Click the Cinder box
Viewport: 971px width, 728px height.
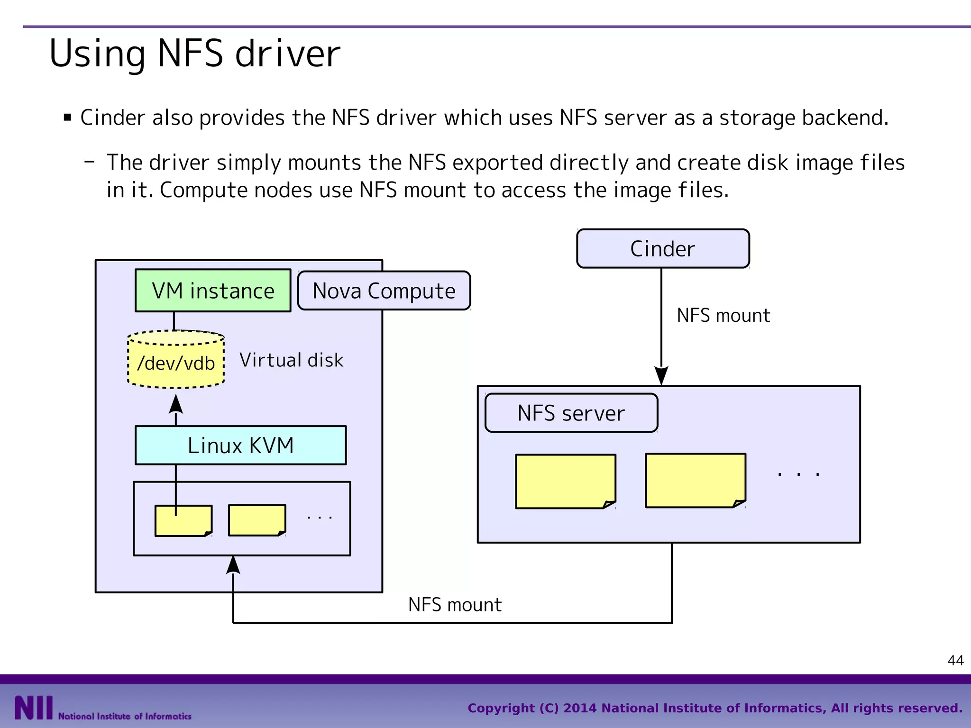pos(663,249)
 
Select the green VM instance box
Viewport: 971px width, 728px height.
pos(213,291)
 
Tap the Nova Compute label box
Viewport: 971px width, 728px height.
pos(384,291)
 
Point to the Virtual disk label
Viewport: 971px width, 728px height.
pos(291,360)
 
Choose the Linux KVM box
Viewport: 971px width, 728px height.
pos(240,446)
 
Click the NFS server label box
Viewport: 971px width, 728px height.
pos(571,413)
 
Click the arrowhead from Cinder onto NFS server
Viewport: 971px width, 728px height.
pos(661,375)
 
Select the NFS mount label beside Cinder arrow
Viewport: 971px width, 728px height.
pos(723,316)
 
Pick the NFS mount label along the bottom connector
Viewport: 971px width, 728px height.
pos(455,605)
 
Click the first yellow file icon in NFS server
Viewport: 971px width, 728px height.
pos(565,481)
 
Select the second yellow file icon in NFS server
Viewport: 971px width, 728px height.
pos(695,480)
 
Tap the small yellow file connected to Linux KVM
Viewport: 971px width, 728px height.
pos(183,520)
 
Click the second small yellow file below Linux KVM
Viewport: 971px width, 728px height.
pos(256,520)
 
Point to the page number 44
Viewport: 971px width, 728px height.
pos(955,660)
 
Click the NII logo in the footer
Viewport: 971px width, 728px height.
pos(33,708)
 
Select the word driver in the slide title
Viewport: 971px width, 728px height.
pos(287,54)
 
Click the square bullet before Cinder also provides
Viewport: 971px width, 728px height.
pos(67,118)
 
